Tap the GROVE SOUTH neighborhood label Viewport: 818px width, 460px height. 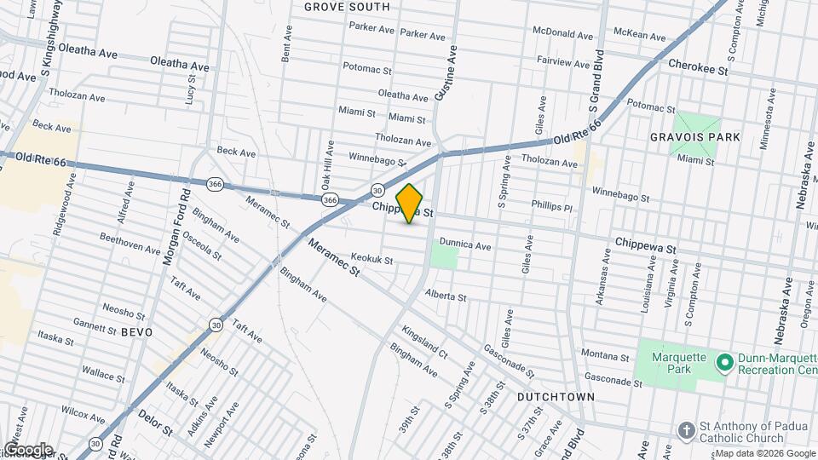(347, 7)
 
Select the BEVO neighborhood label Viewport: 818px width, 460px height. (136, 331)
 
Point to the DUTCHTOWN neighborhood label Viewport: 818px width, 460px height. (555, 397)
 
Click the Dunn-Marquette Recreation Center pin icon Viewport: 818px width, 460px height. (725, 364)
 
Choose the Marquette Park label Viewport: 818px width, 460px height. (679, 364)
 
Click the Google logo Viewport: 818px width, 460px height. (27, 450)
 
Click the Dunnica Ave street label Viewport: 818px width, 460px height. (465, 245)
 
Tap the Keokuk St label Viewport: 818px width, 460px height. (372, 260)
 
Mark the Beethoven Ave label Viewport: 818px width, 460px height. (130, 244)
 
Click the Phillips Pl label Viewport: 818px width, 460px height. (551, 206)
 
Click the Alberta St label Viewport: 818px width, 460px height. (446, 297)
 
